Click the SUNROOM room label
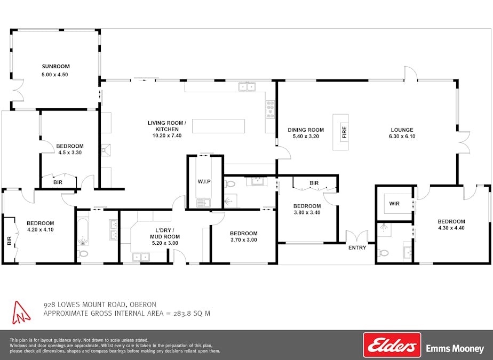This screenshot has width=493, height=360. (x=55, y=66)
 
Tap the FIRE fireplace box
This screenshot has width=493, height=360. (x=341, y=132)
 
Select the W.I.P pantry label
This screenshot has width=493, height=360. (x=204, y=182)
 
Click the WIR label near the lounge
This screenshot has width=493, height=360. (x=394, y=204)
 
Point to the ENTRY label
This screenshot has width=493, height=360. (x=357, y=248)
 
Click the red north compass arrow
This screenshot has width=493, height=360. (x=21, y=313)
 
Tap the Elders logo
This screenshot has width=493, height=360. (x=392, y=345)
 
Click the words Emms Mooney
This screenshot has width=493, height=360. (x=455, y=349)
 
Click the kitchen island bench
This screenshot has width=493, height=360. (x=219, y=126)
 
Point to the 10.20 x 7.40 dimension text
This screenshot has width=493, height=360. (x=167, y=136)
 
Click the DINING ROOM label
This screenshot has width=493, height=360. (x=306, y=130)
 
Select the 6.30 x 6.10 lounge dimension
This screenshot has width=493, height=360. (x=402, y=137)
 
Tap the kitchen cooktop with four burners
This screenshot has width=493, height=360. (x=270, y=110)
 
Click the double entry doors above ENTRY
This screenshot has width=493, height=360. (x=357, y=236)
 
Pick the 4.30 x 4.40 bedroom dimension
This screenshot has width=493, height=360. (x=451, y=228)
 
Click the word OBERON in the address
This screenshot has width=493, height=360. (x=143, y=305)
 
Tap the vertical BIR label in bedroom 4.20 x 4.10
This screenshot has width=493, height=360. (x=9, y=241)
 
